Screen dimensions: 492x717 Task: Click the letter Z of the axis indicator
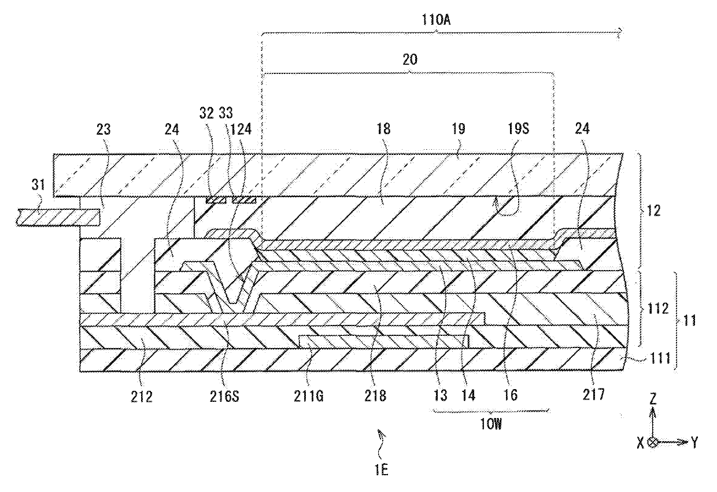pos(653,399)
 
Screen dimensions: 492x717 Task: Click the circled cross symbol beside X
pos(653,442)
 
